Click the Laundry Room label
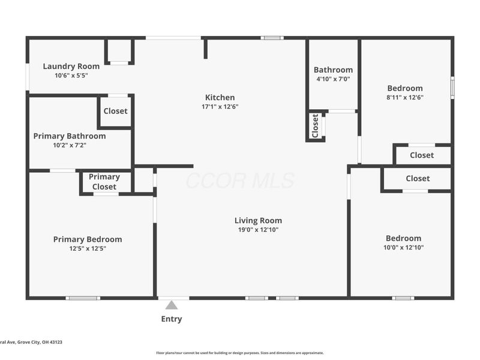pyautogui.click(x=71, y=67)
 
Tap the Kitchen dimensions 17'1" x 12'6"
pyautogui.click(x=220, y=107)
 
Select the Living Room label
pyautogui.click(x=258, y=221)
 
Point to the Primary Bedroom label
pyautogui.click(x=88, y=239)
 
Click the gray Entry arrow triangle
pyautogui.click(x=172, y=305)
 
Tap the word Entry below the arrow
pyautogui.click(x=172, y=319)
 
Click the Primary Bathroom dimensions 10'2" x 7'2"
pyautogui.click(x=70, y=145)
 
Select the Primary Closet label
pyautogui.click(x=104, y=182)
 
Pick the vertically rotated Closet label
pyautogui.click(x=316, y=126)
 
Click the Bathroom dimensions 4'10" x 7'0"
pyautogui.click(x=333, y=79)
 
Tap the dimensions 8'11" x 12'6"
pyautogui.click(x=404, y=98)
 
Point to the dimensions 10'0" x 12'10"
pyautogui.click(x=403, y=248)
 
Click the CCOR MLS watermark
pyautogui.click(x=241, y=181)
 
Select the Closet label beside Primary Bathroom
pyautogui.click(x=115, y=111)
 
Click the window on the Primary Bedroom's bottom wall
pyautogui.click(x=83, y=298)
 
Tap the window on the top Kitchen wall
pyautogui.click(x=272, y=38)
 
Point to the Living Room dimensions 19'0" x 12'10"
pyautogui.click(x=258, y=230)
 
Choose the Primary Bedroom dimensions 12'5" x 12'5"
pyautogui.click(x=88, y=248)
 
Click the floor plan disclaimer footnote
pyautogui.click(x=239, y=353)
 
